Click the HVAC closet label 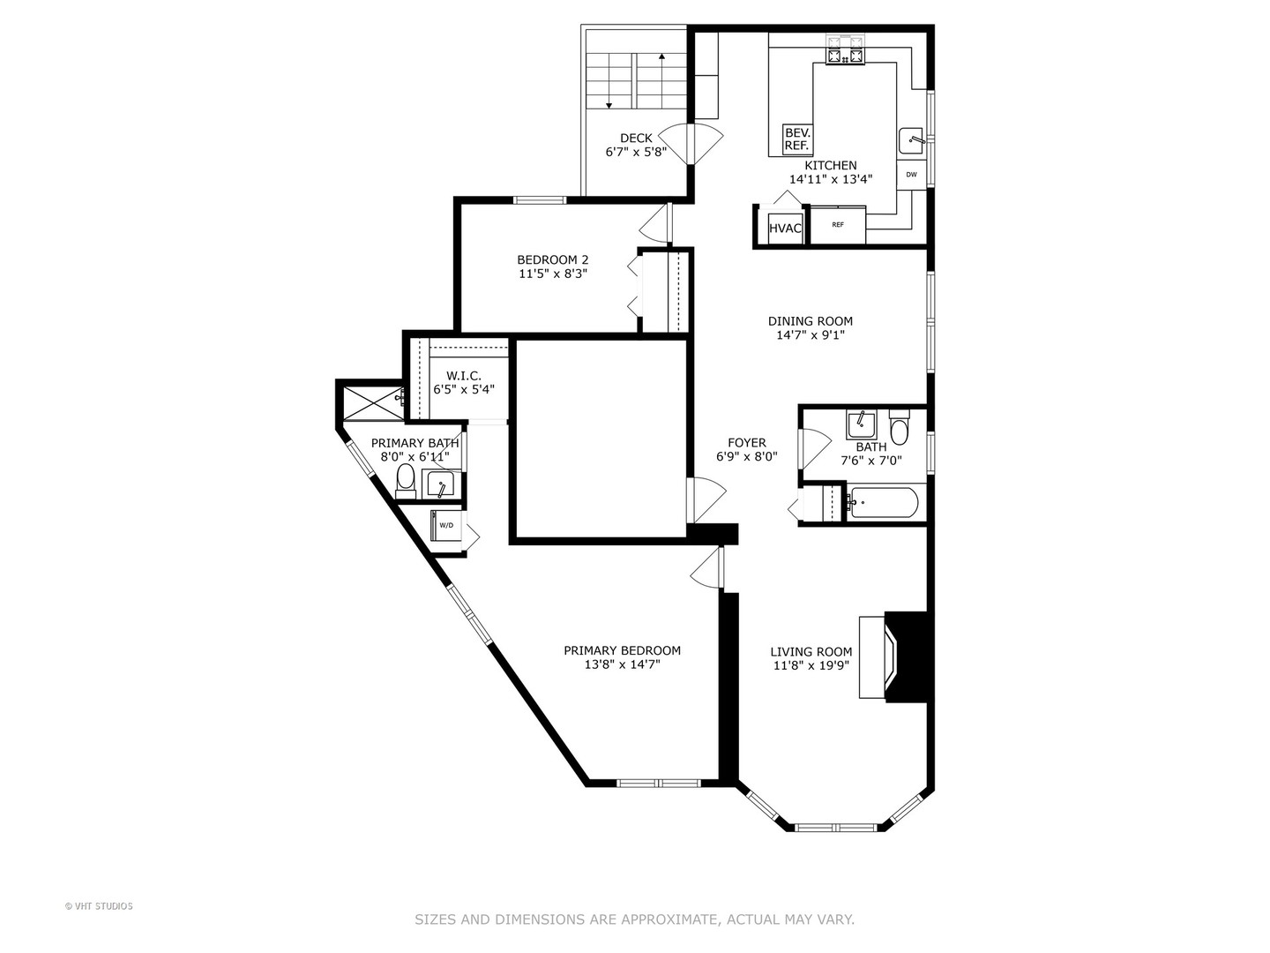click(x=785, y=228)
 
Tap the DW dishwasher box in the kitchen click(x=911, y=175)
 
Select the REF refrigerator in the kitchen click(x=837, y=224)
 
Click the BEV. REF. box click(x=796, y=139)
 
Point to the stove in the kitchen click(x=845, y=49)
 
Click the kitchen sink click(x=913, y=140)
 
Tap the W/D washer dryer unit click(x=446, y=525)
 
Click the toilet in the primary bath click(x=407, y=482)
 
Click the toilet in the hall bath click(x=899, y=427)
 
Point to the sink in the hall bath click(x=861, y=424)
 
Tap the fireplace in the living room click(x=893, y=657)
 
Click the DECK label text click(x=636, y=139)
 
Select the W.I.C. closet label click(x=463, y=376)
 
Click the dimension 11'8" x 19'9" click(x=811, y=665)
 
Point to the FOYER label click(x=747, y=443)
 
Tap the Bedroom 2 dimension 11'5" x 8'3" click(x=553, y=274)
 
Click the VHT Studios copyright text click(x=99, y=906)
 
